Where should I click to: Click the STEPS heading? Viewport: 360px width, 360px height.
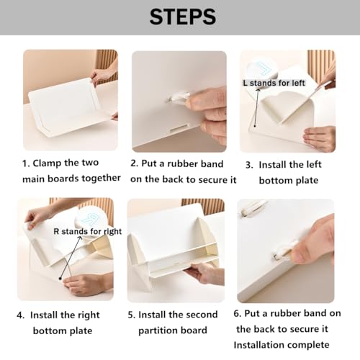(x=183, y=17)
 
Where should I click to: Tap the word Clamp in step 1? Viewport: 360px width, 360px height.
(x=47, y=163)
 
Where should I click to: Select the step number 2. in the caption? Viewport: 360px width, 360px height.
(x=135, y=163)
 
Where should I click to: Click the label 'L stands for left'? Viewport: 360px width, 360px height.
(x=274, y=83)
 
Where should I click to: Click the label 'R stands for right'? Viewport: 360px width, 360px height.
(x=88, y=231)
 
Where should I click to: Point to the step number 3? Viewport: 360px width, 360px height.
(x=249, y=165)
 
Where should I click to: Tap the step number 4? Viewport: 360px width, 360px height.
(x=21, y=315)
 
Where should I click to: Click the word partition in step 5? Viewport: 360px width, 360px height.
(x=157, y=330)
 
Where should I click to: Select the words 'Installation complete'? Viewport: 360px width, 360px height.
(x=282, y=345)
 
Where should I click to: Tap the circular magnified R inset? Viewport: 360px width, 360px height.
(x=89, y=221)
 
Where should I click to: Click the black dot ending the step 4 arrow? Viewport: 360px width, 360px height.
(x=60, y=279)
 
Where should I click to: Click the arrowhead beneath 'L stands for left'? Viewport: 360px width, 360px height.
(x=258, y=90)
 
